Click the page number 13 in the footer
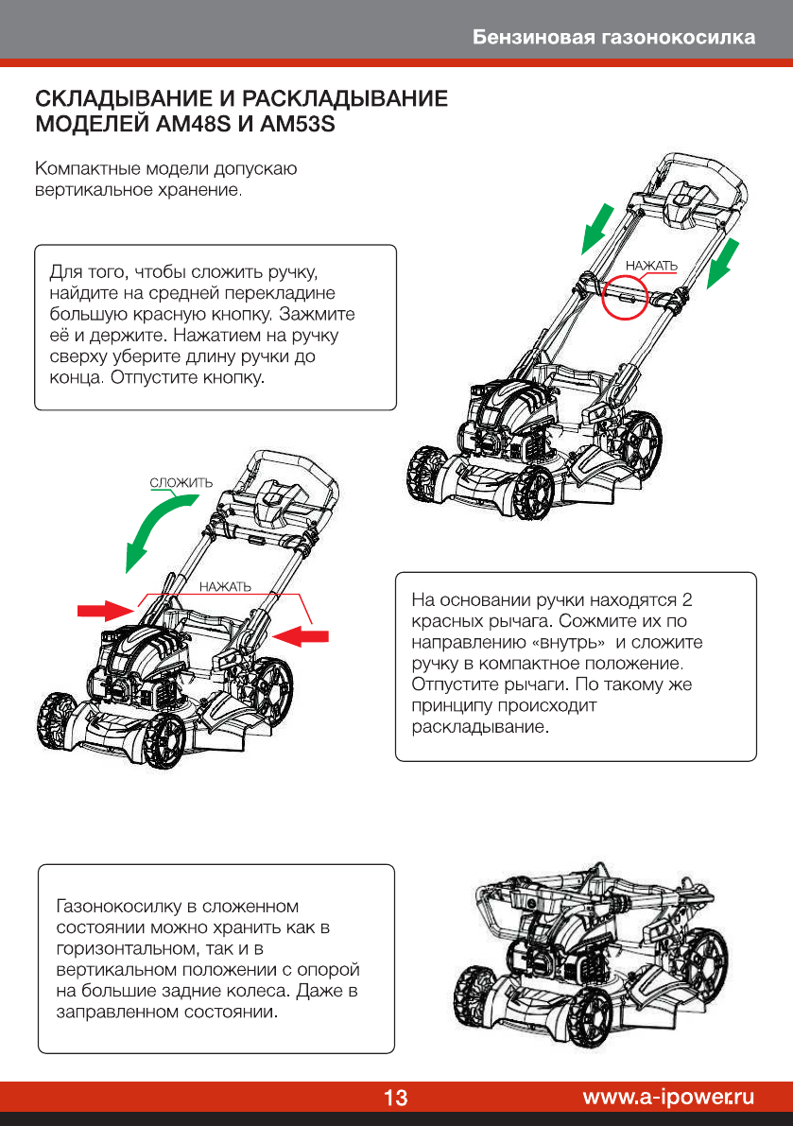(395, 1098)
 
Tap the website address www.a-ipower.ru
(668, 1097)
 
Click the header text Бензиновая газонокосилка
(614, 38)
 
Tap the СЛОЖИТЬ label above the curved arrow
(181, 483)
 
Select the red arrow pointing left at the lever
(302, 634)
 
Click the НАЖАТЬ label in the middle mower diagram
(225, 587)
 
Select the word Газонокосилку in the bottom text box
(108, 906)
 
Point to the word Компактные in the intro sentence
(82, 170)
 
